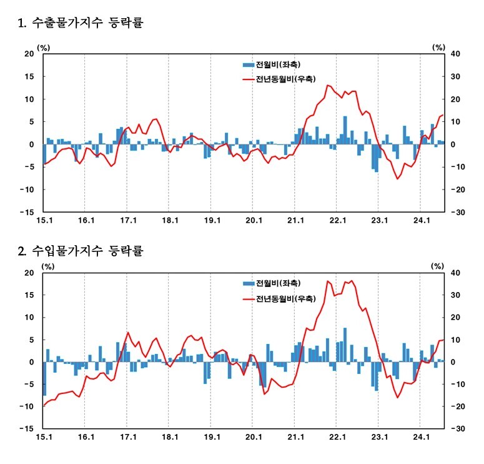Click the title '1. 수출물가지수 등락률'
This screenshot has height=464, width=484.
click(x=81, y=24)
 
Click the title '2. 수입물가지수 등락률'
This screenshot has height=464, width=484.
click(x=81, y=251)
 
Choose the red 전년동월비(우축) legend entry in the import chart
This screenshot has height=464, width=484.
click(x=284, y=299)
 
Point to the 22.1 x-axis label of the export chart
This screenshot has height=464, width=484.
click(x=337, y=220)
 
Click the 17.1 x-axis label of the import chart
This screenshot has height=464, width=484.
click(x=127, y=436)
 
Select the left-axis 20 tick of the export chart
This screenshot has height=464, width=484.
click(x=29, y=54)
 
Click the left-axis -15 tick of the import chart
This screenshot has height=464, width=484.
click(x=28, y=429)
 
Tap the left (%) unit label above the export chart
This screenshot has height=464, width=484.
click(x=44, y=46)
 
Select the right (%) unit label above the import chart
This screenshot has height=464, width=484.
click(x=438, y=266)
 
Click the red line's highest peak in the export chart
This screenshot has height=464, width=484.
click(x=328, y=85)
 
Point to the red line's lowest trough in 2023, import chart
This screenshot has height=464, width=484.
click(x=397, y=397)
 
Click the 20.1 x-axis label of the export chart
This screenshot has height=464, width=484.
click(x=254, y=220)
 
